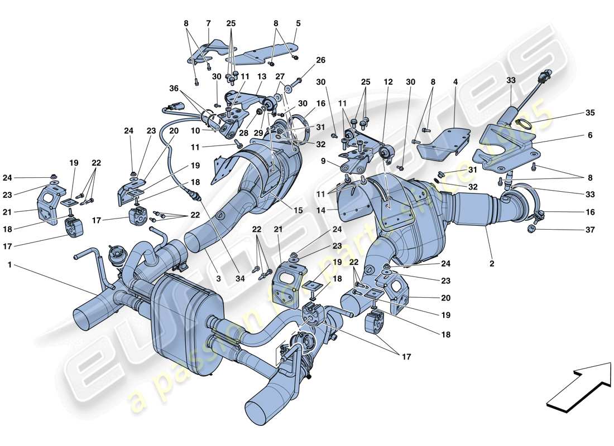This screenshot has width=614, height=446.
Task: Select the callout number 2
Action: pos(492,263)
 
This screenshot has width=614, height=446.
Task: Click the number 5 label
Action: pos(298,23)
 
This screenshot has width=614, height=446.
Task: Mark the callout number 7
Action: pos(208,23)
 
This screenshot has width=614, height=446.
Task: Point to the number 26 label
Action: pos(320,60)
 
